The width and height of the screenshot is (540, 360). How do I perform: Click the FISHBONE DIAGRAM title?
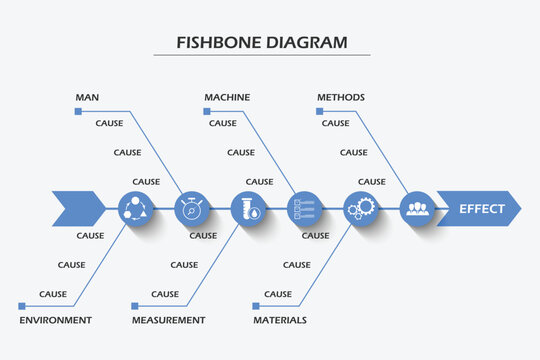point(262,43)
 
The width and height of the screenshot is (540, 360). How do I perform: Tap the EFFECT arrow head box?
point(479,209)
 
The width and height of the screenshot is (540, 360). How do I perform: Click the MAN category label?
point(87,97)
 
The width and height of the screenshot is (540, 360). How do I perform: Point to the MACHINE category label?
point(227,97)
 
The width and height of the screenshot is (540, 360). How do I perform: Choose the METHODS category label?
point(340,97)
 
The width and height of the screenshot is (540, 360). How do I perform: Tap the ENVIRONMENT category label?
point(56,320)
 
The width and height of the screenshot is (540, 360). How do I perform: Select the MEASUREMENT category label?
point(168,320)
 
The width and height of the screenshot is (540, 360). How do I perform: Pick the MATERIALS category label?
point(279,320)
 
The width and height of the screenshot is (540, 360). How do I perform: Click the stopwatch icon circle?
point(191,209)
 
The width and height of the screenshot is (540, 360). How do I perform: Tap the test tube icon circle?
point(247,209)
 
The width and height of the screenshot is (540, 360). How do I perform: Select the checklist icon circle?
point(304,209)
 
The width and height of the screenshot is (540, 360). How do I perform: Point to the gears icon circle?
point(360,209)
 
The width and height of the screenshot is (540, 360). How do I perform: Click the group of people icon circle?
point(417,209)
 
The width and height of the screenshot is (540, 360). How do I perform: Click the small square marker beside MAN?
point(78,111)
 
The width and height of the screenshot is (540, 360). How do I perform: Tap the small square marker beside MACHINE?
point(207,111)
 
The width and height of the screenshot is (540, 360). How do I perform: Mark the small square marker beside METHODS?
point(319,111)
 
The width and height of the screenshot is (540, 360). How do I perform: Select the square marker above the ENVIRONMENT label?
point(21,306)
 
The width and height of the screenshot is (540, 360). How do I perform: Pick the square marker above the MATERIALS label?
point(255,306)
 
